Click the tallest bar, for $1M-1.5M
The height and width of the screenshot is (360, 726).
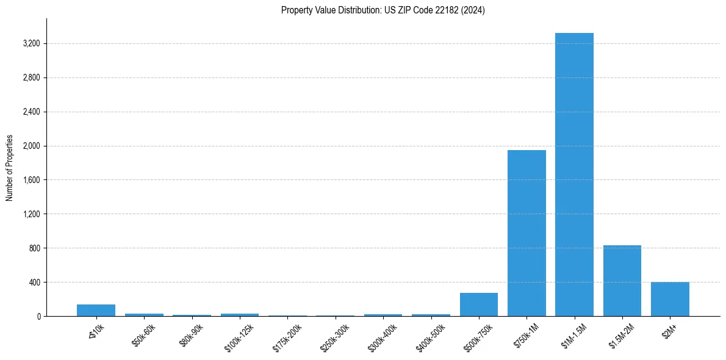click(574, 175)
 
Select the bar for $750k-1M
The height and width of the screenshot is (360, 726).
click(527, 233)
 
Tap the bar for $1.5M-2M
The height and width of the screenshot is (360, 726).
click(622, 281)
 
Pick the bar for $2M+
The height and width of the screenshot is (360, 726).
click(670, 299)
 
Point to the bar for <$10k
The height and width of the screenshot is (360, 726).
click(96, 310)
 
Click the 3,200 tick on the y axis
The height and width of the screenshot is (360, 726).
click(31, 44)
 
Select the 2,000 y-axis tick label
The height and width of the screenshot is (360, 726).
click(31, 146)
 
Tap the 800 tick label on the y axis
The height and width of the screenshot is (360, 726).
click(34, 248)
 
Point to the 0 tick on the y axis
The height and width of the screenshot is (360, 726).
click(38, 317)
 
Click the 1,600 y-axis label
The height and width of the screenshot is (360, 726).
click(31, 181)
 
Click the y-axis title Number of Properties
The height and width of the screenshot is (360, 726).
click(10, 167)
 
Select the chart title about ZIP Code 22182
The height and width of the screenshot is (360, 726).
click(383, 10)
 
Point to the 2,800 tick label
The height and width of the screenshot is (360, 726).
click(31, 78)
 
